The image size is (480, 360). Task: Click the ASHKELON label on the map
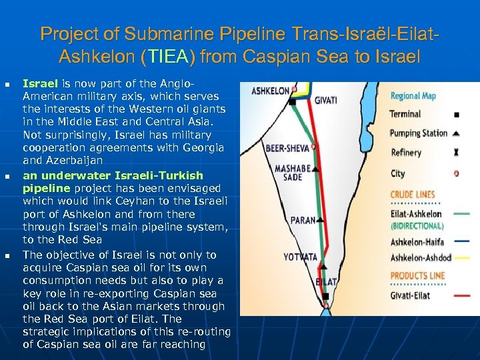[x=270, y=90]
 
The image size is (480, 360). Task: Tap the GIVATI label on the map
[x=326, y=101]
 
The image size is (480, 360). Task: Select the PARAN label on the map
[x=303, y=220]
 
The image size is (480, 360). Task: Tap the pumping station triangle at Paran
[x=321, y=218]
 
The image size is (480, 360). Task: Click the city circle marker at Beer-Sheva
[x=313, y=145]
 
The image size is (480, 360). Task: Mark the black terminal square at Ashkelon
[x=294, y=91]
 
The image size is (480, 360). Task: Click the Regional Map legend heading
[x=413, y=96]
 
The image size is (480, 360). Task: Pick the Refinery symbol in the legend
[x=456, y=153]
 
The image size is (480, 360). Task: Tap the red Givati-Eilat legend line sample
[x=456, y=295]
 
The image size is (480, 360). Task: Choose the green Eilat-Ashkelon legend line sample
[x=456, y=214]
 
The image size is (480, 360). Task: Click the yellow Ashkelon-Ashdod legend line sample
[x=456, y=257]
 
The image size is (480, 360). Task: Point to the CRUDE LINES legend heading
[x=413, y=195]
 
